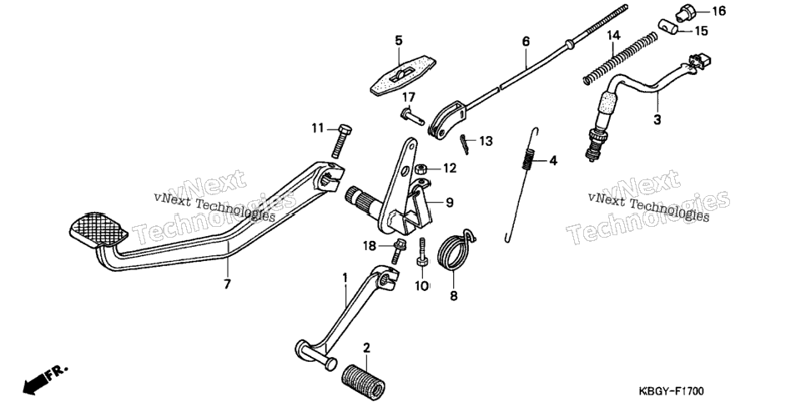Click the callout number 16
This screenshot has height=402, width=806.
(718, 12)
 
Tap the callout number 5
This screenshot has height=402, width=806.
(399, 40)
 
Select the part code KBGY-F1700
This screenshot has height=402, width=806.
(671, 391)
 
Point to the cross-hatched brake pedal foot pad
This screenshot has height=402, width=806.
(98, 229)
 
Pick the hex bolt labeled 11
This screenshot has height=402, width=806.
(343, 141)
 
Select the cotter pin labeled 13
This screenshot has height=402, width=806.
(466, 144)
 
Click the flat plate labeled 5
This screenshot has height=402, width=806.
(403, 76)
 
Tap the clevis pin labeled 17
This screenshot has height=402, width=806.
(412, 116)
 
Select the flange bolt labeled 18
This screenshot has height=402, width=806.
(397, 250)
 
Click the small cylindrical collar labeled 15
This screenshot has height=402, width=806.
(668, 27)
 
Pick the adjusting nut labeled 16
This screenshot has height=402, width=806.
(685, 13)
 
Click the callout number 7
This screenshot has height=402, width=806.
(227, 284)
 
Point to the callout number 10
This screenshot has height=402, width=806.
(422, 284)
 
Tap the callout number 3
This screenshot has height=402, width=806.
(657, 120)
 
